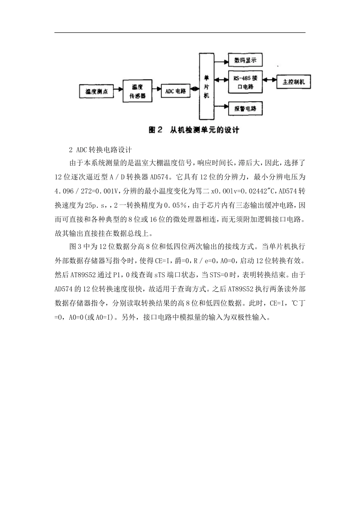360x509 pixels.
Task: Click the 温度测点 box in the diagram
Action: (x=96, y=92)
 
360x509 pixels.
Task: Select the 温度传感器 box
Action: (x=138, y=92)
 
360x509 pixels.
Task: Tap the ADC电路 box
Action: (x=175, y=91)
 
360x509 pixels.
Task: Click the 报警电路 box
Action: (x=246, y=109)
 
